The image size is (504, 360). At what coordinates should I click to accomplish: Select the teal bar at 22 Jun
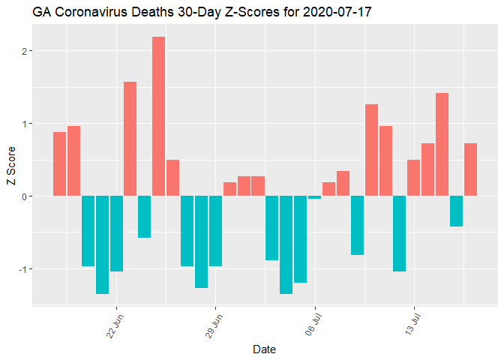coord(116,233)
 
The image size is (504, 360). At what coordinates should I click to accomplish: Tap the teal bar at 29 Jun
coord(215,231)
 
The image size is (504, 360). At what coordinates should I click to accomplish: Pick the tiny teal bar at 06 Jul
coord(315,197)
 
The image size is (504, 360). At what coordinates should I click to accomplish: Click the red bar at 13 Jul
coord(414,178)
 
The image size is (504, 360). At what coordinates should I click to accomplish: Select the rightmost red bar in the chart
coord(470,169)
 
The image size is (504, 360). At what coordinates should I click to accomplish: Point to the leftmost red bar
coord(59,164)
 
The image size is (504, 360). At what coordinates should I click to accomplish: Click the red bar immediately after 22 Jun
coord(130,139)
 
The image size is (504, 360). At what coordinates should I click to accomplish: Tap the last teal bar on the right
coord(456,211)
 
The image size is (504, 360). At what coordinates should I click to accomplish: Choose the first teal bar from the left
coord(88,231)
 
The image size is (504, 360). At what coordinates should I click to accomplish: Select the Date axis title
coord(263,349)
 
